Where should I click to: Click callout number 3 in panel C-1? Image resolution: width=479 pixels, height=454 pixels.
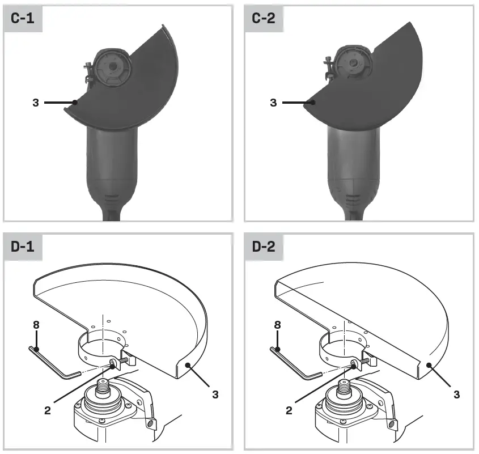(36, 103)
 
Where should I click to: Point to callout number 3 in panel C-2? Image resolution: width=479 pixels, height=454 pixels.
(274, 103)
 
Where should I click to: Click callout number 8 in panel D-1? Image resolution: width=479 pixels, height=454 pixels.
(36, 325)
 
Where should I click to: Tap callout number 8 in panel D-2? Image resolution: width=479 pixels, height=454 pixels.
(277, 325)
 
